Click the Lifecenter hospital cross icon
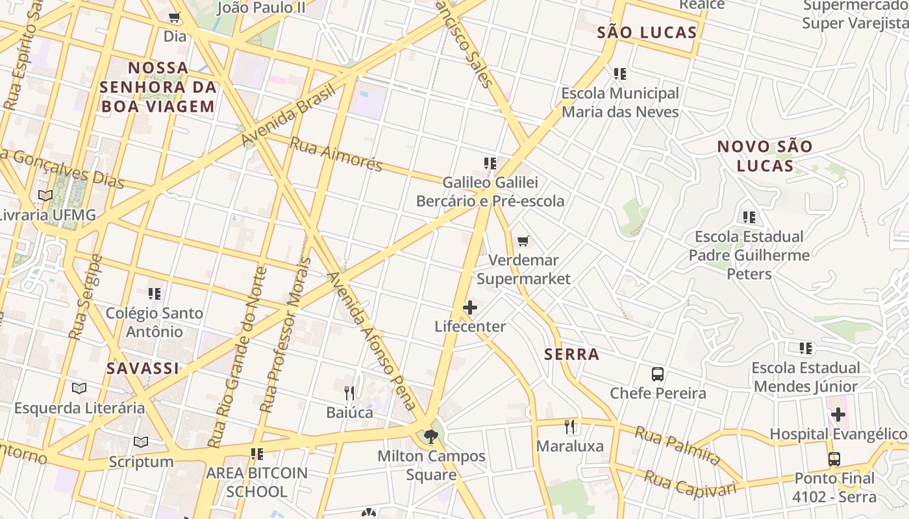470,308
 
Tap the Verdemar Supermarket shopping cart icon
523,241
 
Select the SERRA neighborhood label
572,354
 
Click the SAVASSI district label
143,368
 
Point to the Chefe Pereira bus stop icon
658,374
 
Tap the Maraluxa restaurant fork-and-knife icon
570,426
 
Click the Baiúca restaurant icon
349,393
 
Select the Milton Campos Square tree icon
430,437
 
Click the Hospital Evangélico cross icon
838,414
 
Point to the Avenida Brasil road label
288,115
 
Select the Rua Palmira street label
677,445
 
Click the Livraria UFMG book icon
45,195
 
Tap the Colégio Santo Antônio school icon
154,294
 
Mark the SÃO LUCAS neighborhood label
647,32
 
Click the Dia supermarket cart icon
174,18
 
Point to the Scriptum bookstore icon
141,442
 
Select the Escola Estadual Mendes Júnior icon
806,348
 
